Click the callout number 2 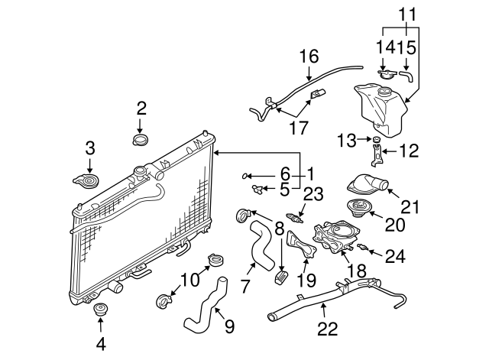(141, 108)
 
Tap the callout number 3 (90, 148)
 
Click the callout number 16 (307, 56)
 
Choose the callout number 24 (394, 257)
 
